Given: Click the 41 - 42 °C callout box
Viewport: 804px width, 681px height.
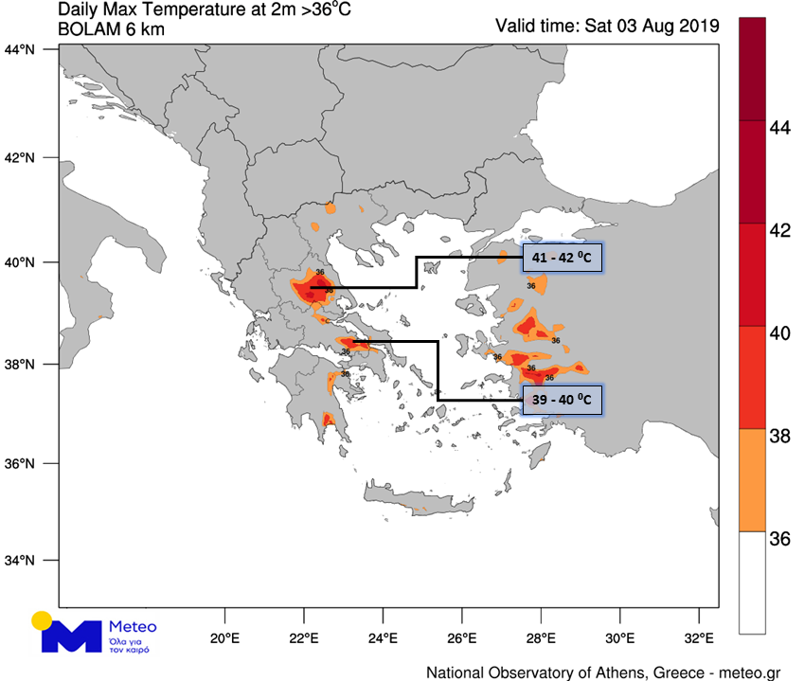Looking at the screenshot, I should click(x=563, y=258).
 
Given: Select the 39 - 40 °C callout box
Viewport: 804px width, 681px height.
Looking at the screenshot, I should click(x=563, y=401).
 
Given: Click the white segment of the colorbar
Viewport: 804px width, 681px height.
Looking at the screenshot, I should click(x=752, y=582).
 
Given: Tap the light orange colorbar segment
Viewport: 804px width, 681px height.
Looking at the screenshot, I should click(x=752, y=479).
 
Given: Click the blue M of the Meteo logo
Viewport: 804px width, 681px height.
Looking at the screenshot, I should click(x=70, y=636).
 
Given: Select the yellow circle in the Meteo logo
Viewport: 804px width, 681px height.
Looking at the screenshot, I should click(x=42, y=621).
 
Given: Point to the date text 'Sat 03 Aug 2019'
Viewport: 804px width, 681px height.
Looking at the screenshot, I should click(x=652, y=26).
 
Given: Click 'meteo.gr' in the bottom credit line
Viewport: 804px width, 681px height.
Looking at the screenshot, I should click(x=747, y=672).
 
